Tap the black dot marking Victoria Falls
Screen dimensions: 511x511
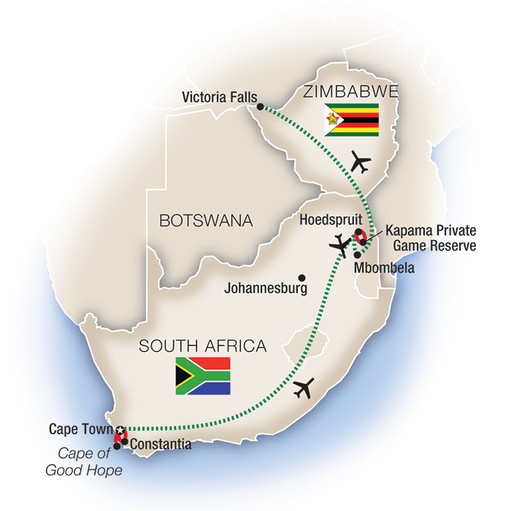(259, 107)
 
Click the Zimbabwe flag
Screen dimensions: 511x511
(352, 119)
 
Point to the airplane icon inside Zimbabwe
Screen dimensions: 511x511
(361, 162)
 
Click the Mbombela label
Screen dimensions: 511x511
(384, 268)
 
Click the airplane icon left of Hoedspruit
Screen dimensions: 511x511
(339, 244)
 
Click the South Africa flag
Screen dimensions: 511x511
(202, 376)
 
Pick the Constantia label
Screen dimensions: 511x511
(161, 443)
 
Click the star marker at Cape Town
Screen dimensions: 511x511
(120, 429)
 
